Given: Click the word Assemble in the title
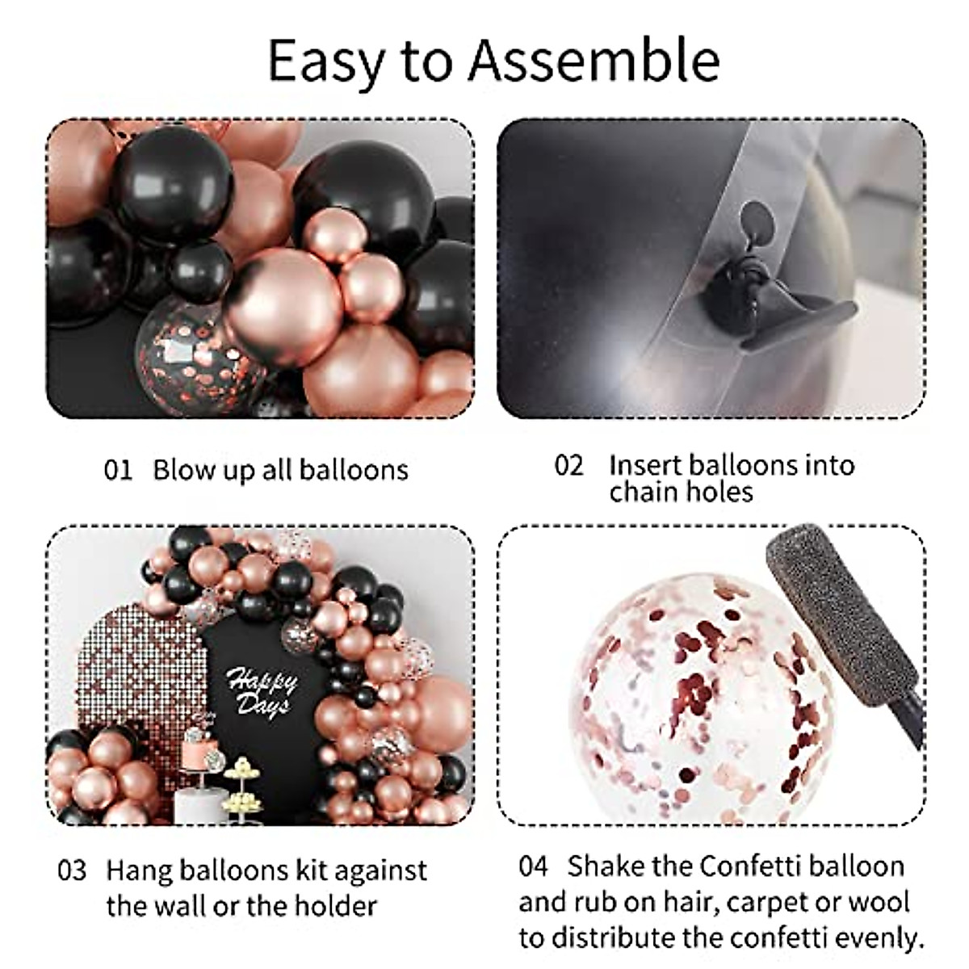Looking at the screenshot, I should (x=594, y=61).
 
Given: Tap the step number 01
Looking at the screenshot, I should (x=118, y=470).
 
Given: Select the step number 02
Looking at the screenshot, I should (x=568, y=465).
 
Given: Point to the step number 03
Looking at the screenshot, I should (x=72, y=872).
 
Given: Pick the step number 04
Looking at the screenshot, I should (x=534, y=867).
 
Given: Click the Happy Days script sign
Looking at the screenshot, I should (x=261, y=691).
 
